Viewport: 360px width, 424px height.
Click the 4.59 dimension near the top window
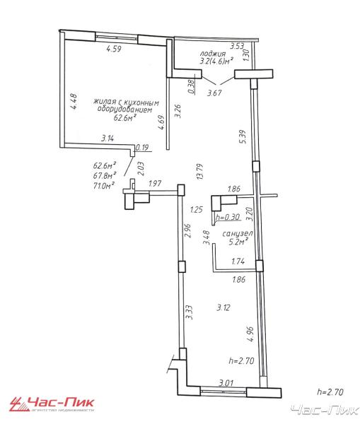tap(114, 49)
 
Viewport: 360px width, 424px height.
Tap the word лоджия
tap(212, 54)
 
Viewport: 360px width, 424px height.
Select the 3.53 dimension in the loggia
tap(237, 46)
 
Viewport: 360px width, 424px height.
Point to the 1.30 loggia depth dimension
tap(246, 55)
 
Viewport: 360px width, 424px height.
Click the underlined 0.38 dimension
tap(192, 86)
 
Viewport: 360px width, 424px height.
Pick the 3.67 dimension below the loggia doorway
tap(214, 93)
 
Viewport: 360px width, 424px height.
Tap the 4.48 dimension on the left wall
tap(74, 101)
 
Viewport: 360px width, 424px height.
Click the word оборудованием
tap(124, 110)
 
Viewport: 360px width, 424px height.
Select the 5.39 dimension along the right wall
tap(243, 137)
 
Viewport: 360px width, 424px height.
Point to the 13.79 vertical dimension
tap(200, 172)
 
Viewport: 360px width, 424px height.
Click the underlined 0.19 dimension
tap(142, 148)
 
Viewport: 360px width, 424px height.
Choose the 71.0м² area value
tap(104, 186)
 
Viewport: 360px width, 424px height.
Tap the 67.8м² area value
tap(105, 175)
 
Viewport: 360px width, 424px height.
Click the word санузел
tap(238, 234)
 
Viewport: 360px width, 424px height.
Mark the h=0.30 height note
tap(228, 217)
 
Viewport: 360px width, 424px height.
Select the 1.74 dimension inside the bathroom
tap(238, 261)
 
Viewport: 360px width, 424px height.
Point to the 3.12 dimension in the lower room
tap(223, 307)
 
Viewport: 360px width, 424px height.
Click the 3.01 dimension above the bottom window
tap(226, 383)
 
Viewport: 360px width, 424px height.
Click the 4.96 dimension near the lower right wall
tap(250, 334)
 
